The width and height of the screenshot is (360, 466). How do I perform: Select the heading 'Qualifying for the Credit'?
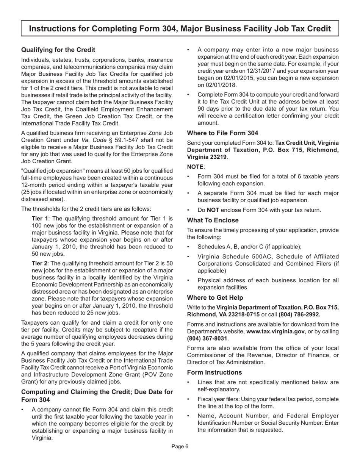tap(58, 50)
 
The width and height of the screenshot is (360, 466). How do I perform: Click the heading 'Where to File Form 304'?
tap(223, 133)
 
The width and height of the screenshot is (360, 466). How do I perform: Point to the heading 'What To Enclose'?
tap(213, 220)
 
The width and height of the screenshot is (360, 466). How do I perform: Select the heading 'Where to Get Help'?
tap(215, 298)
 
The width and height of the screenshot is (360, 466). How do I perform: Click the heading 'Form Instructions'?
tap(214, 372)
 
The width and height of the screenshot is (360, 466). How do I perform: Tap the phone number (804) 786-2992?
tap(299, 314)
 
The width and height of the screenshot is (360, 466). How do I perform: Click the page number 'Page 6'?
tap(180, 446)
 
